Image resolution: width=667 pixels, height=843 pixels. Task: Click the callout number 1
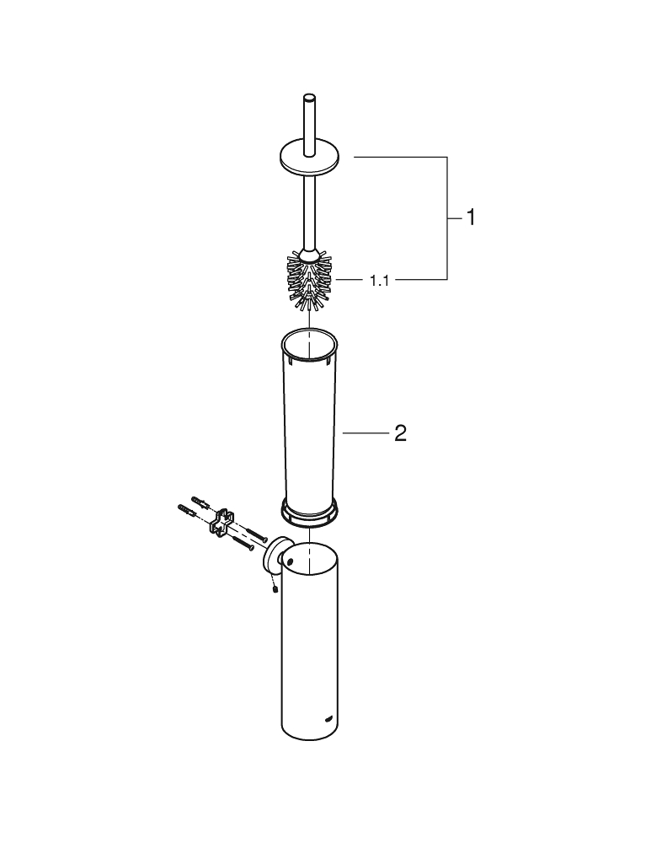click(x=470, y=217)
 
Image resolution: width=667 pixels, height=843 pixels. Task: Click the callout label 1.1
click(x=379, y=280)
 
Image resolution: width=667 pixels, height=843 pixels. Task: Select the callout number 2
click(x=401, y=432)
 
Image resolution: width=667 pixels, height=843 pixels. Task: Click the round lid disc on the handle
click(x=309, y=159)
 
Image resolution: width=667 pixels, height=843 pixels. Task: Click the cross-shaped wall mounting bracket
click(x=221, y=522)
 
